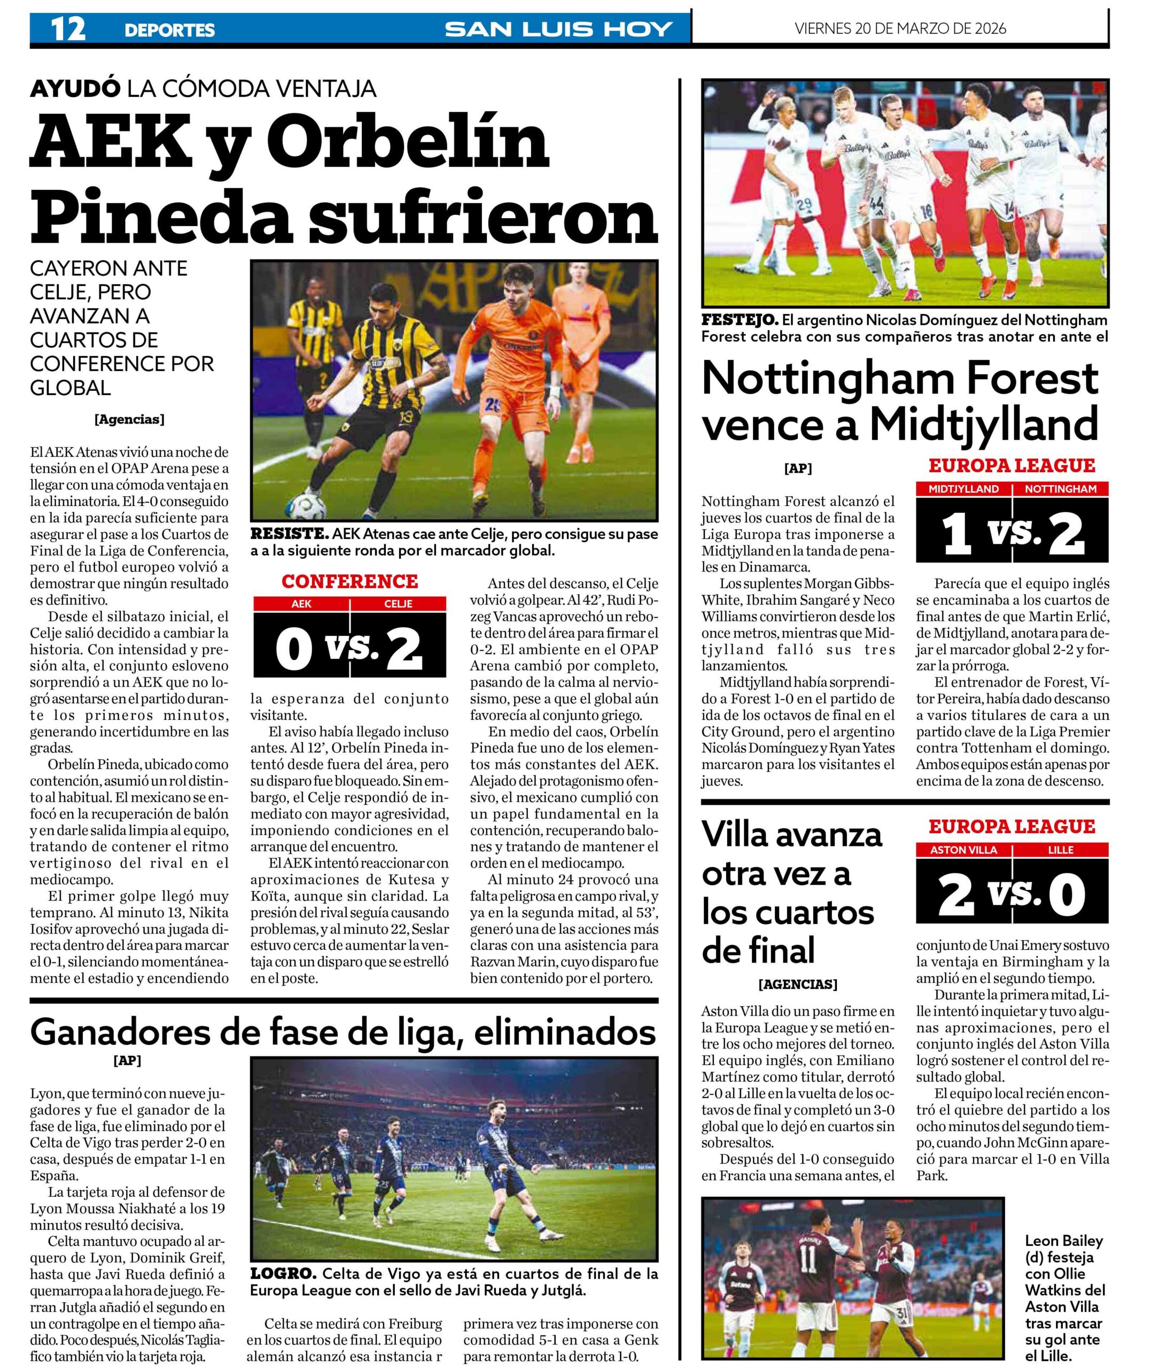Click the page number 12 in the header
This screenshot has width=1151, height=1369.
[x=68, y=29]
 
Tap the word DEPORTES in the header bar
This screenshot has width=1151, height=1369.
[x=169, y=30]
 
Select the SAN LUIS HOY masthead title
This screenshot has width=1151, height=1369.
[x=558, y=29]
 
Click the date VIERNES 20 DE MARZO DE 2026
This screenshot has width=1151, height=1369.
[x=900, y=28]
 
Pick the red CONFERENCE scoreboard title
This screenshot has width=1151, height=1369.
[x=350, y=582]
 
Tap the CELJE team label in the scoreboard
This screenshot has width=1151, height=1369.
[x=398, y=604]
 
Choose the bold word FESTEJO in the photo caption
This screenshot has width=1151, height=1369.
[x=738, y=320]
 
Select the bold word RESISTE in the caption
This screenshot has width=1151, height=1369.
[x=289, y=534]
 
